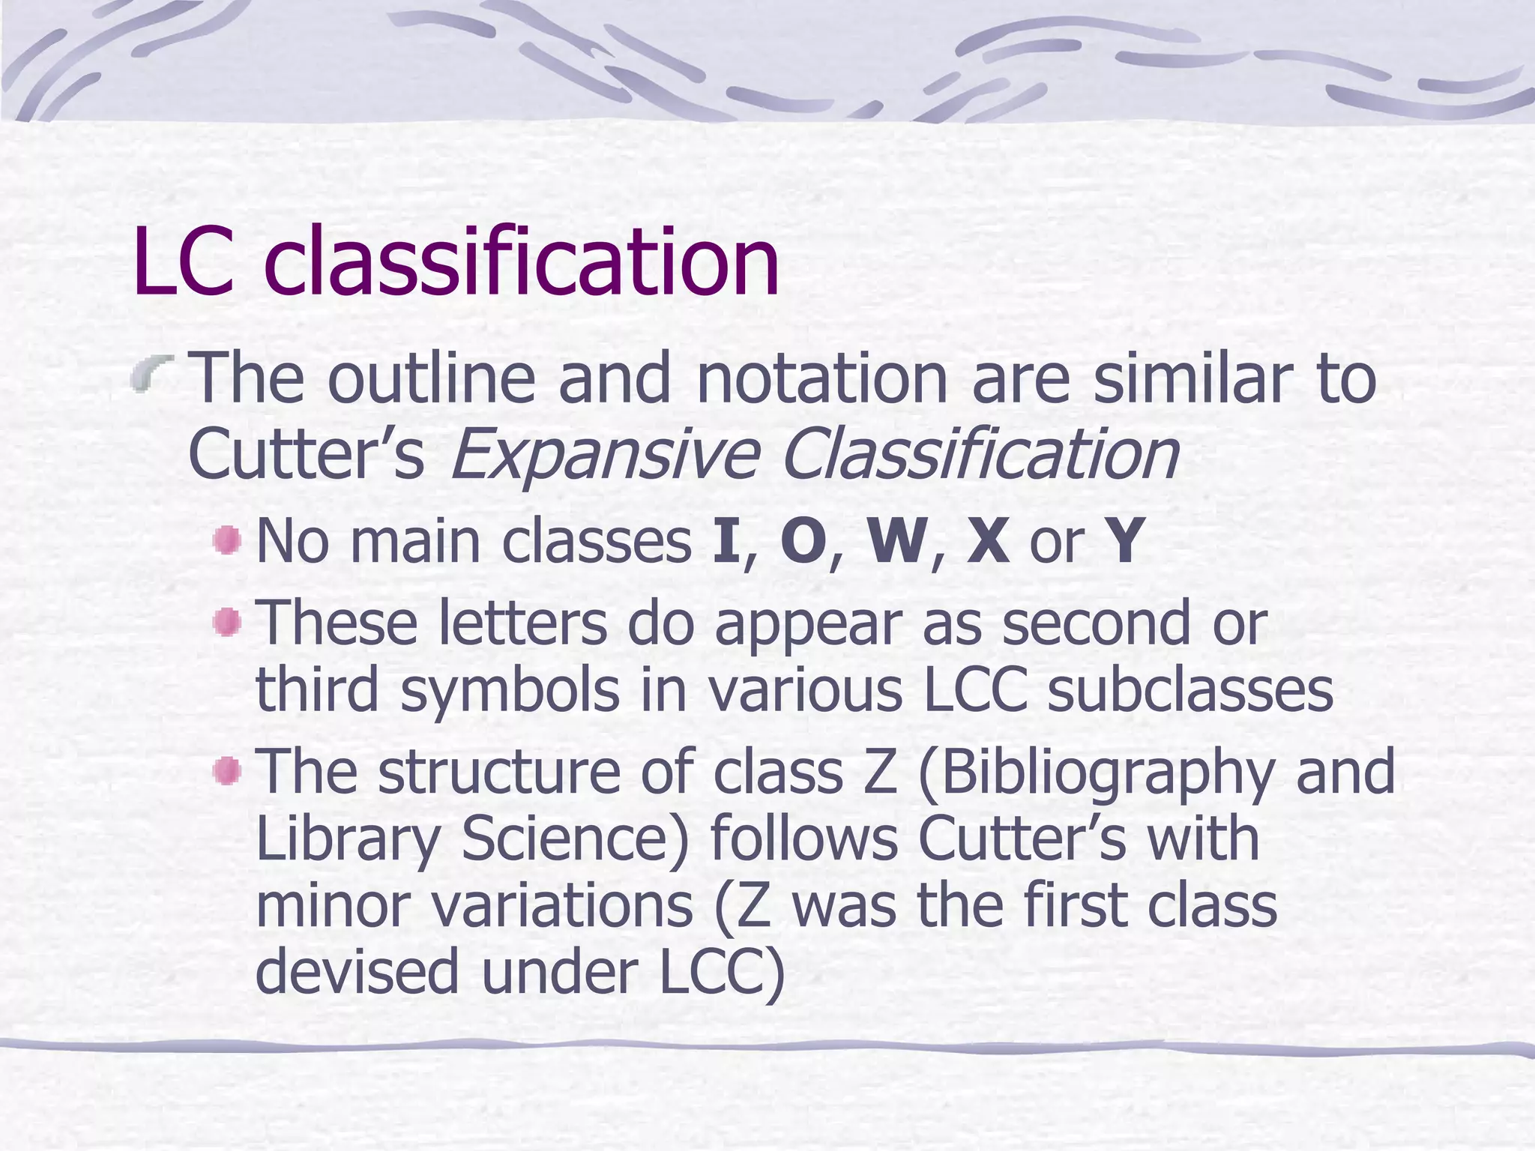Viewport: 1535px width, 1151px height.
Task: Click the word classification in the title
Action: coord(522,262)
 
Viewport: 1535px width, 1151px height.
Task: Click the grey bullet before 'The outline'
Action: coord(151,375)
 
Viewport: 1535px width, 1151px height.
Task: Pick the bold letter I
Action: coord(726,541)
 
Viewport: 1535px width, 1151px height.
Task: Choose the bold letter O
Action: coord(803,541)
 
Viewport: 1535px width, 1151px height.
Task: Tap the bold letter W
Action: coord(896,541)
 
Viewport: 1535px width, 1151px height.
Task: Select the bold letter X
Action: coord(987,541)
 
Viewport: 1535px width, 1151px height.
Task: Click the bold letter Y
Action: coord(1125,541)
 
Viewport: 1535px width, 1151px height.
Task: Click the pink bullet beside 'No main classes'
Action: coord(226,540)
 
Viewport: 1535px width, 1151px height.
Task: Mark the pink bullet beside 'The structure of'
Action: coord(226,771)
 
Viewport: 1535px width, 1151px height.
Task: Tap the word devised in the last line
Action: coord(357,971)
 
